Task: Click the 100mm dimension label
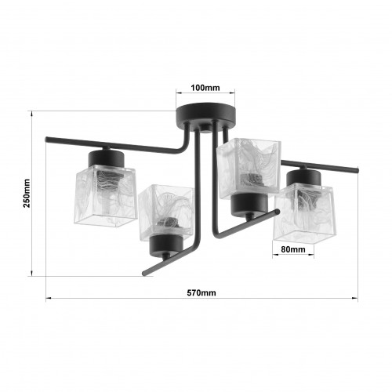205,88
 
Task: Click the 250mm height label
27,193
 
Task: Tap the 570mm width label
201,292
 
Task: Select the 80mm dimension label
293,249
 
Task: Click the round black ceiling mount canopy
205,114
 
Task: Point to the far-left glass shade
106,195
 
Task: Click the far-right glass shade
304,213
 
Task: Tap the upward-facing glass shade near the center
249,169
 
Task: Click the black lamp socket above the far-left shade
106,158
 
